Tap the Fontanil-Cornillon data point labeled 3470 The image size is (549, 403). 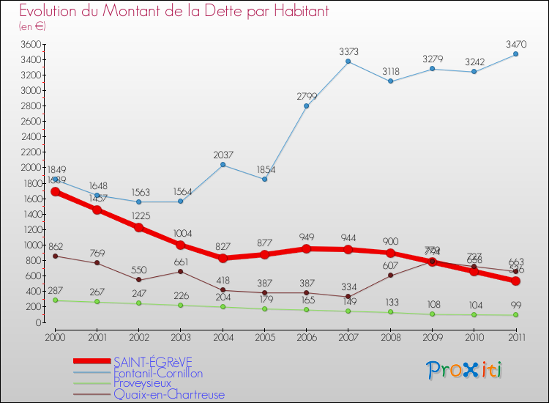pyautogui.click(x=515, y=54)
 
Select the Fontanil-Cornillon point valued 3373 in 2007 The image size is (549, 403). pyautogui.click(x=348, y=62)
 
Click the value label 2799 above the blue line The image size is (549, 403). pyautogui.click(x=307, y=96)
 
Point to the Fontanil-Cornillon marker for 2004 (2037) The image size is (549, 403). pyautogui.click(x=223, y=165)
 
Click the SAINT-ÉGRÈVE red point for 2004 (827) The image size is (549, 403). pyautogui.click(x=223, y=258)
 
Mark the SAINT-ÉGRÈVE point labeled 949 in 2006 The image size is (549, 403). pyautogui.click(x=307, y=248)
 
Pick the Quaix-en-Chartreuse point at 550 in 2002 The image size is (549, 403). pyautogui.click(x=139, y=280)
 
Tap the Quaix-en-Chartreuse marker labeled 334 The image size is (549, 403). pyautogui.click(x=348, y=297)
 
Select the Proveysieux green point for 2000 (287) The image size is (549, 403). pyautogui.click(x=56, y=300)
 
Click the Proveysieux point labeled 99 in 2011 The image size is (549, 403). pyautogui.click(x=515, y=315)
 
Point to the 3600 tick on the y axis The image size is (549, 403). pyautogui.click(x=31, y=45)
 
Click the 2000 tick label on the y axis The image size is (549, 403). pyautogui.click(x=31, y=168)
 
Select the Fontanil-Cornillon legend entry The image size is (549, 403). pyautogui.click(x=157, y=373)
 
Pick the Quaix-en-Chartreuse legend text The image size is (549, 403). pyautogui.click(x=168, y=395)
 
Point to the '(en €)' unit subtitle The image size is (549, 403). pyautogui.click(x=33, y=26)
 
